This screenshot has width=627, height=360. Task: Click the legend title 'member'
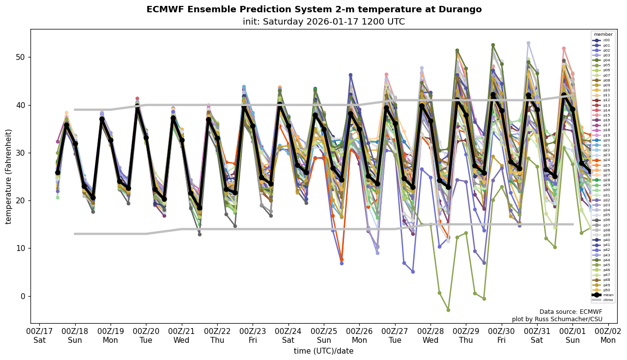(x=603, y=34)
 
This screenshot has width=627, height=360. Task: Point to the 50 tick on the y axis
(x=22, y=57)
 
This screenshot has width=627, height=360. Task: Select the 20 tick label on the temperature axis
(x=22, y=200)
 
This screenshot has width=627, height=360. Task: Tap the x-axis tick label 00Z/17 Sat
(x=39, y=336)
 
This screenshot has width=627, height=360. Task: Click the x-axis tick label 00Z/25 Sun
(x=324, y=336)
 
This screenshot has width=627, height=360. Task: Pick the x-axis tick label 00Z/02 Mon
(x=608, y=336)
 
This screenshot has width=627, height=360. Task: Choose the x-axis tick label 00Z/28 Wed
(x=430, y=336)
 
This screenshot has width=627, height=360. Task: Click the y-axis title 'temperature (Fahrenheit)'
(x=9, y=176)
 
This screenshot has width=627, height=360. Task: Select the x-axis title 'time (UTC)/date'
(x=324, y=351)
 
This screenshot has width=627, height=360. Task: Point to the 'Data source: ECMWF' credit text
(x=570, y=312)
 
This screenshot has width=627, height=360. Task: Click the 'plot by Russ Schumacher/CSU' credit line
(x=557, y=319)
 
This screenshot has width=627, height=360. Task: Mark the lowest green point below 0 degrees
(x=448, y=310)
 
